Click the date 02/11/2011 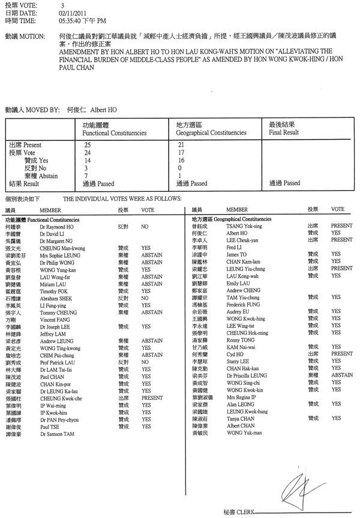71,13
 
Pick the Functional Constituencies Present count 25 88,145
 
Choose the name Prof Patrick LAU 58,363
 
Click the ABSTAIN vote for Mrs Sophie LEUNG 152,254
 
